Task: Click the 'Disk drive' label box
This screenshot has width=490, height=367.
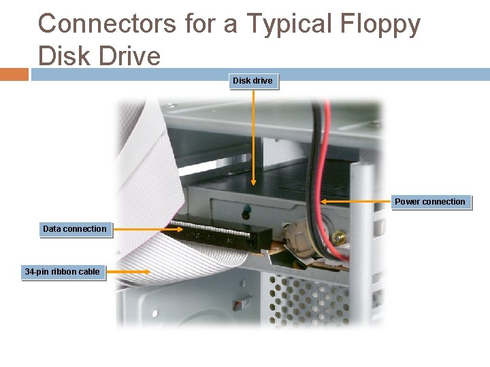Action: point(252,81)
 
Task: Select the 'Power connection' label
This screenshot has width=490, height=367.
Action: point(430,202)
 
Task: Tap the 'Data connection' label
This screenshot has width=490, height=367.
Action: point(75,229)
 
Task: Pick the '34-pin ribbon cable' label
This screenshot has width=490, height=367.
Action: point(63,272)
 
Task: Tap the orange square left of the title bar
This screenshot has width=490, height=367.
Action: point(14,73)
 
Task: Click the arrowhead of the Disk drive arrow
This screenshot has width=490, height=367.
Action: point(254,182)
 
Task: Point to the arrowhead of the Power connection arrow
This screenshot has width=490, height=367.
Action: point(324,201)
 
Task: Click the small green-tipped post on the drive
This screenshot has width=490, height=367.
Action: point(246,207)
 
